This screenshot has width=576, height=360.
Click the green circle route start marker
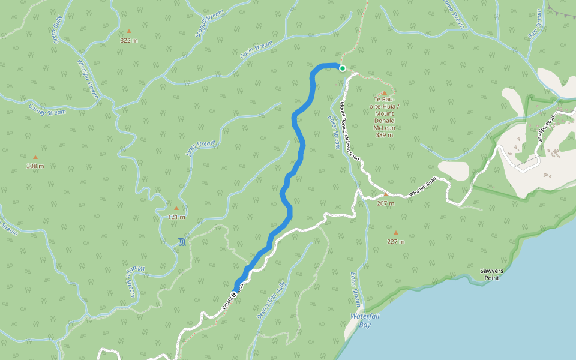pos(343,68)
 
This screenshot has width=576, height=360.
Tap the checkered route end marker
pos(234,294)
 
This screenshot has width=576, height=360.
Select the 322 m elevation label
pos(128,40)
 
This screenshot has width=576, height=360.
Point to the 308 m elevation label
pos(35,166)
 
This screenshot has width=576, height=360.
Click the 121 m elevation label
pos(176,217)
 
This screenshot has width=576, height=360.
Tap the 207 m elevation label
pos(385,203)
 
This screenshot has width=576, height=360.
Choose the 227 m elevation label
pos(395,242)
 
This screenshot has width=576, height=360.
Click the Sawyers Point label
pos(491,274)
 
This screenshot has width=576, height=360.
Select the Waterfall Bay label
pos(365,320)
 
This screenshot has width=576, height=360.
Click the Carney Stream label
pos(47,109)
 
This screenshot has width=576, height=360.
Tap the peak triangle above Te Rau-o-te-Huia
pos(385,92)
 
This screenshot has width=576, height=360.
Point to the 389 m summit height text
pos(384,135)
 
